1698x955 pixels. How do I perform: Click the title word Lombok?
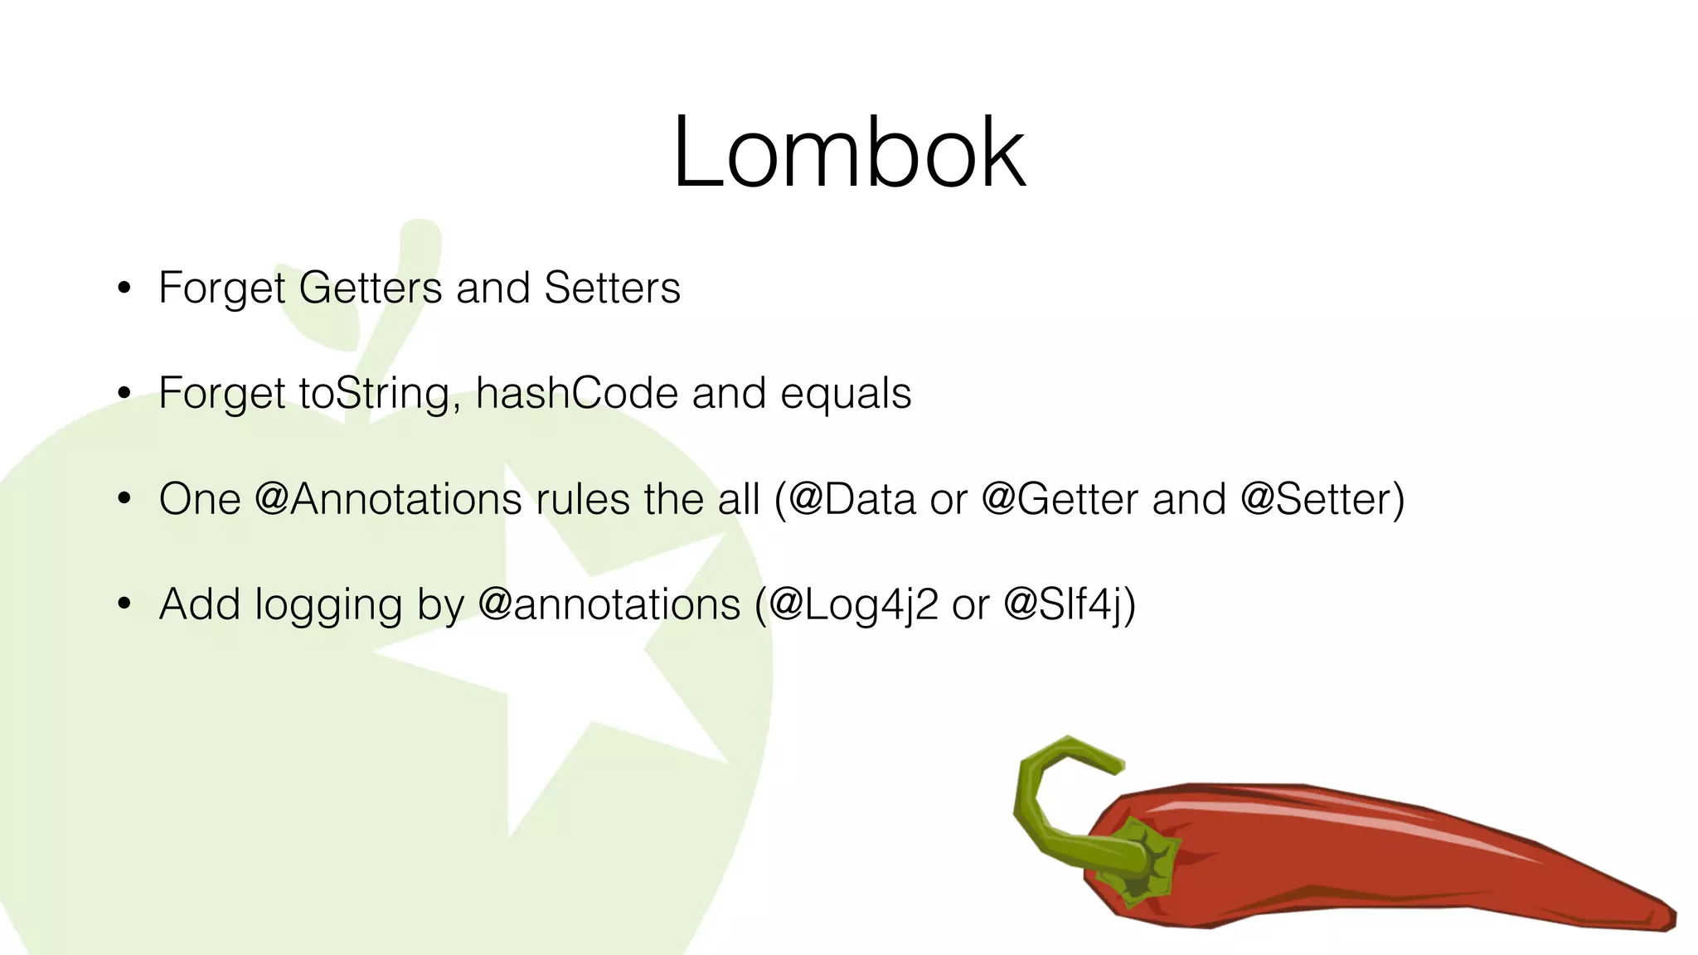(x=848, y=154)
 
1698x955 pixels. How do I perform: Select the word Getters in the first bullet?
(x=370, y=288)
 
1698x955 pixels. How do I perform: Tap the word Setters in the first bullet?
(x=612, y=288)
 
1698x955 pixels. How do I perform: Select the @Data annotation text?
(x=851, y=499)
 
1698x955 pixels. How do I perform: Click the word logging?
(x=328, y=606)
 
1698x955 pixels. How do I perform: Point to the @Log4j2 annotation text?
(x=854, y=605)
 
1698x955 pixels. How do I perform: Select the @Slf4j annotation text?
(x=1064, y=605)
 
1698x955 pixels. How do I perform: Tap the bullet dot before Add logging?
(x=124, y=604)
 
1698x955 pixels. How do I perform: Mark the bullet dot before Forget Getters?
(x=124, y=288)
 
